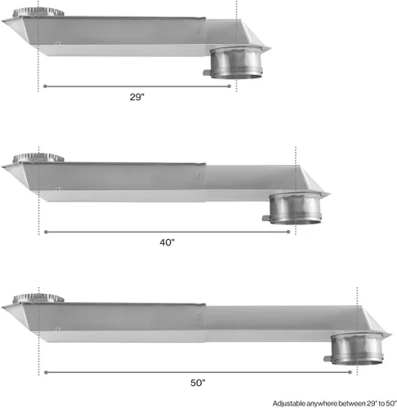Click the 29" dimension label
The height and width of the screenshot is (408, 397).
(137, 97)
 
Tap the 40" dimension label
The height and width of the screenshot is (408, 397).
(167, 242)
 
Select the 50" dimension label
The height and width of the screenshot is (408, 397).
(198, 383)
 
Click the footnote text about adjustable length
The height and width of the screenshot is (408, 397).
(335, 403)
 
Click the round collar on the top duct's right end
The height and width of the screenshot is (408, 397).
(237, 63)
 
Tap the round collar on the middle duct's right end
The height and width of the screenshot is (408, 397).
(296, 208)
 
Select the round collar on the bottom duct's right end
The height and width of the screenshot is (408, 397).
(357, 348)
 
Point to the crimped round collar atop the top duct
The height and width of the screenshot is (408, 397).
(38, 12)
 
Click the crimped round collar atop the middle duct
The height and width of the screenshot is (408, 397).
(38, 157)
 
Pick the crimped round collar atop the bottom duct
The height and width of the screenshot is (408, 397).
(38, 298)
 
